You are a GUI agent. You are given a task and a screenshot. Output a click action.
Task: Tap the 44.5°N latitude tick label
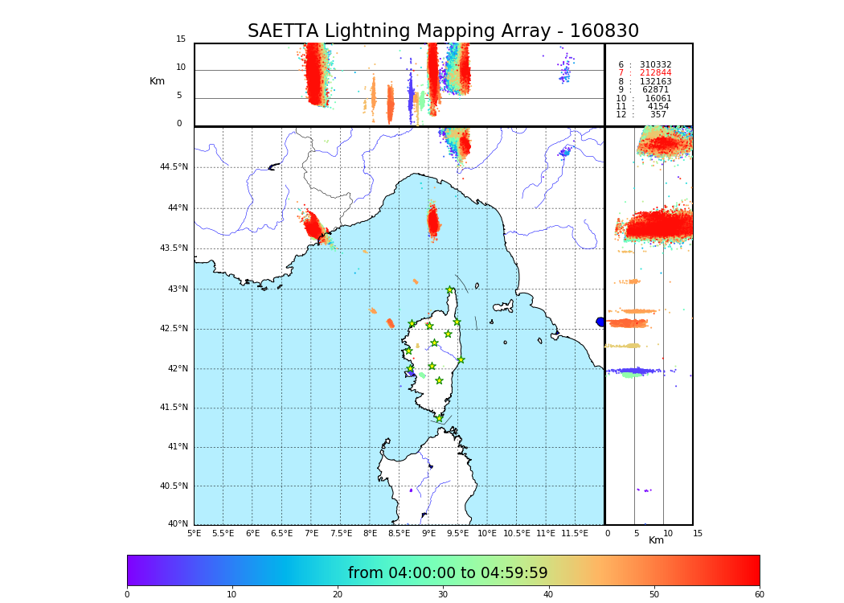[174, 167]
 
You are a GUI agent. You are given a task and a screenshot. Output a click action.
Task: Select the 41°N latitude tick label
[177, 447]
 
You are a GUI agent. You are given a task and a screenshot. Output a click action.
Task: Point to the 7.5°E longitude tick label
[342, 533]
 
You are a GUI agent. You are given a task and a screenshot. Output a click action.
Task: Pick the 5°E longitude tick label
[195, 533]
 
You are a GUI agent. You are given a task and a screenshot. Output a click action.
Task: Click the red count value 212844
[655, 73]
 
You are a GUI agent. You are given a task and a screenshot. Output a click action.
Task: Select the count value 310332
[655, 65]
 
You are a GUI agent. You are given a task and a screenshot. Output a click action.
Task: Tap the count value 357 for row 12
[658, 115]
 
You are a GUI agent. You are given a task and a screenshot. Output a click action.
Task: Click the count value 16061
[658, 99]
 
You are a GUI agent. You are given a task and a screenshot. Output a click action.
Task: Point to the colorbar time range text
[448, 573]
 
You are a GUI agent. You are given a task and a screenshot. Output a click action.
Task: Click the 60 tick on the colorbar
[759, 595]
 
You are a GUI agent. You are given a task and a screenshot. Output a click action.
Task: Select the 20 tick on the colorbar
[338, 595]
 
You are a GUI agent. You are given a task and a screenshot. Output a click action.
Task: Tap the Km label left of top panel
[158, 81]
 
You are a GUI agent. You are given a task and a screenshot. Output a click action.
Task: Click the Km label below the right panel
[656, 540]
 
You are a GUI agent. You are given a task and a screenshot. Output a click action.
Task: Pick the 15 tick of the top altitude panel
[181, 39]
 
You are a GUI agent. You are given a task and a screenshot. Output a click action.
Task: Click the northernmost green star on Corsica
[450, 290]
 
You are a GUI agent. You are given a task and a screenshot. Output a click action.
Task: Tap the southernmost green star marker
[439, 418]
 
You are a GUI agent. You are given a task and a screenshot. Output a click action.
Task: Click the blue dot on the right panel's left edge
[600, 322]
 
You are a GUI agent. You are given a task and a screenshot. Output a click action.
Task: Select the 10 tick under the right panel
[668, 533]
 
